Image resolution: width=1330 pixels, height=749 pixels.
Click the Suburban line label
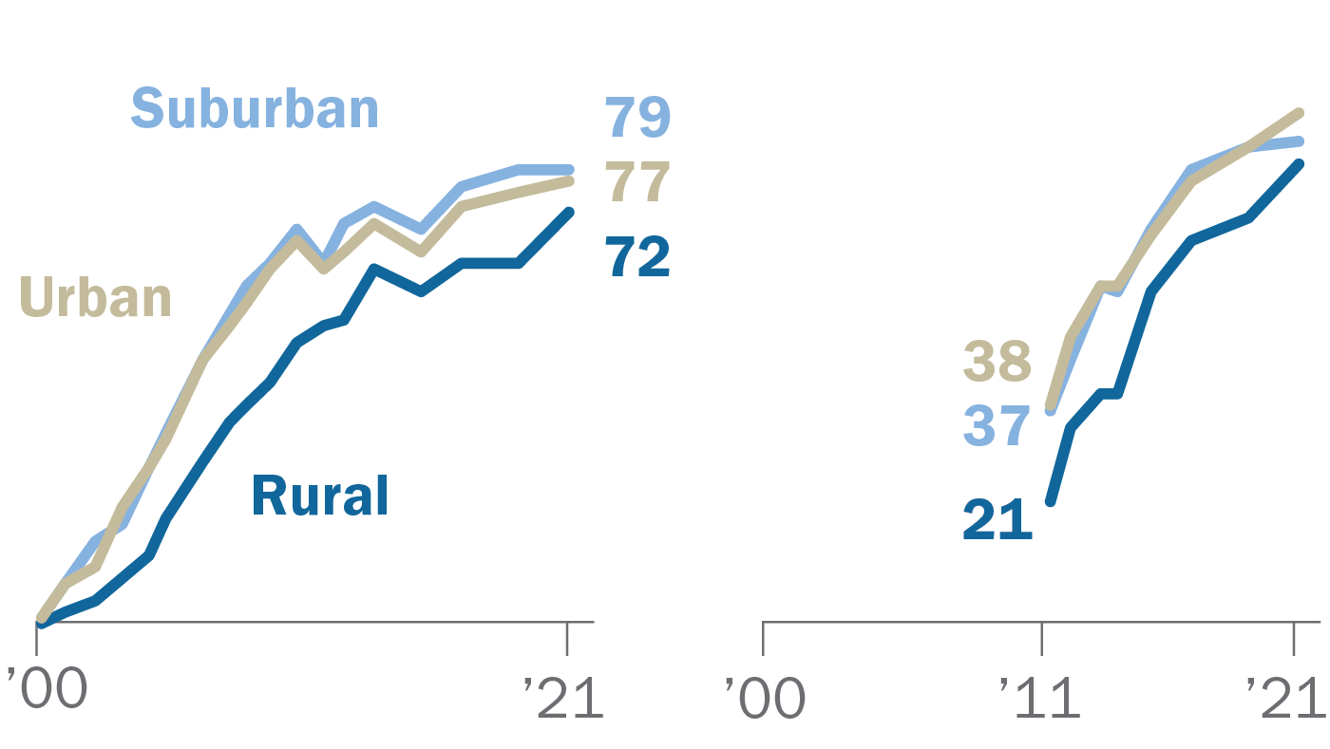255,109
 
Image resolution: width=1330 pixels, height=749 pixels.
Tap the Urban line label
95,296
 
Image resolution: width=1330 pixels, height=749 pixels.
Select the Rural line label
320,496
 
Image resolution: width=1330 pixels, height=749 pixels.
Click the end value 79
637,118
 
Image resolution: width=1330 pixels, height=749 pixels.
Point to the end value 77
637,183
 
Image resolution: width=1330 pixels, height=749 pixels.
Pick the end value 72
637,256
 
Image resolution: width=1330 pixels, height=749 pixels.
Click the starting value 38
997,362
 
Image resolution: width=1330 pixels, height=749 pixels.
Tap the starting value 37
997,426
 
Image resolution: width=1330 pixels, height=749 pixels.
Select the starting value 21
997,519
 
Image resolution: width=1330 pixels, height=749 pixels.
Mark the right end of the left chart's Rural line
570,212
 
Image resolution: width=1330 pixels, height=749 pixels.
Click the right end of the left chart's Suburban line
570,170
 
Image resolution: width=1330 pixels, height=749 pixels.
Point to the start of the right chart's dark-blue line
1050,501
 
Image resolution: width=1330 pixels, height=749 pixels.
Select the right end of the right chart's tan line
1301,112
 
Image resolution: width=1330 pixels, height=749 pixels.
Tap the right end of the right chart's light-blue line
1301,140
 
